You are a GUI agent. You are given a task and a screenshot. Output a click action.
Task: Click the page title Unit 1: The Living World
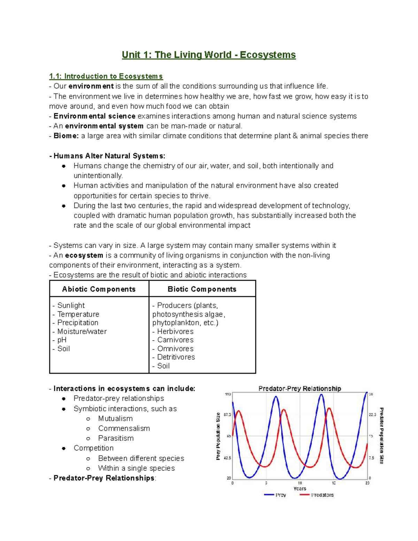pos(209,55)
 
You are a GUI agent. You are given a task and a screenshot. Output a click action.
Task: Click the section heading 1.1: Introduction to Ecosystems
pos(106,76)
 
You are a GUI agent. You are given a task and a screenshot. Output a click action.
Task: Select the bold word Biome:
pos(66,136)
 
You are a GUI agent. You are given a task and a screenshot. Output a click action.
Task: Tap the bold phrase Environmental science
pos(94,116)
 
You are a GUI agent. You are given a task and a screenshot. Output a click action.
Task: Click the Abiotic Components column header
pos(99,289)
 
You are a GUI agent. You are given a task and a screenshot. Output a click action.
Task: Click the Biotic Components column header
pos(202,289)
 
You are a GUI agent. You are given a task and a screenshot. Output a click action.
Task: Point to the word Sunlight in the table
pos(71,306)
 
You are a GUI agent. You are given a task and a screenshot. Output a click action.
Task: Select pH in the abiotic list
pos(62,340)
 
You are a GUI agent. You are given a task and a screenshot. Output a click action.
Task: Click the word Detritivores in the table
pos(176,357)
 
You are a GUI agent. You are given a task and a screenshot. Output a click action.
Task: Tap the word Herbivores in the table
pos(175,331)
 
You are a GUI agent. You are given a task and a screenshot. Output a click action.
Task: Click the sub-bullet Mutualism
pos(115,418)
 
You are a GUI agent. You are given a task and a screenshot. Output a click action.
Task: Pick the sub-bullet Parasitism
pos(116,438)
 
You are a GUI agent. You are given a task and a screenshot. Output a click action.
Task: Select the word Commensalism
pos(124,428)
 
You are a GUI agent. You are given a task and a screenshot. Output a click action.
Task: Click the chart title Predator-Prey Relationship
pos(300,388)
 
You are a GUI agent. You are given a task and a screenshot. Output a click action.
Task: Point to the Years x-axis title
pos(300,488)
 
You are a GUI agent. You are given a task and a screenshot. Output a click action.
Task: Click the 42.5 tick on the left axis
pos(227,458)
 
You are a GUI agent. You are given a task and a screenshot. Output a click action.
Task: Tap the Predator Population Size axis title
pos(382,435)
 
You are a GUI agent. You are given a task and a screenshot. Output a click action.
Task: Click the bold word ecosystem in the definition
pos(84,255)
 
